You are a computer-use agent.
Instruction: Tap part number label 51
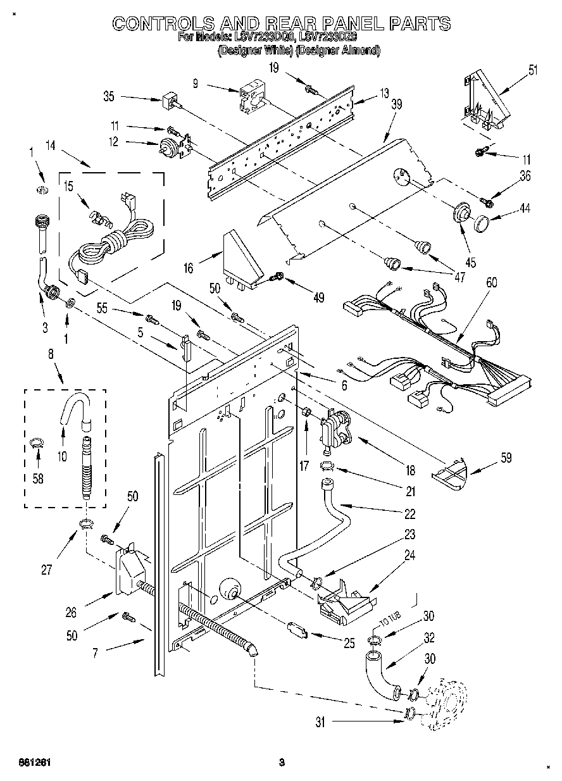(x=533, y=70)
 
